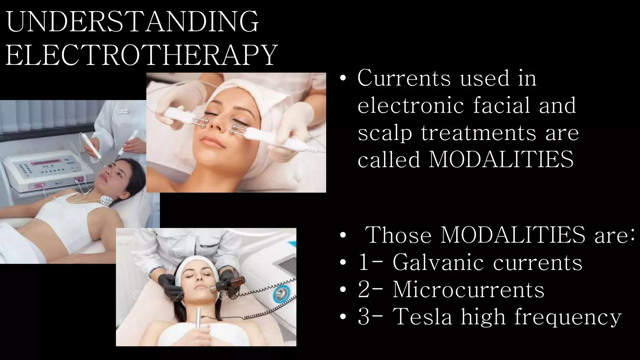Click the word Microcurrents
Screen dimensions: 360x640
pos(468,289)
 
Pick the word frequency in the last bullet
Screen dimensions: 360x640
pos(568,317)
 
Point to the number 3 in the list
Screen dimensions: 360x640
pos(364,317)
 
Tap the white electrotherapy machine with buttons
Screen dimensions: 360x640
pos(47,170)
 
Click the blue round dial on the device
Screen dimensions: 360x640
pos(281,294)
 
